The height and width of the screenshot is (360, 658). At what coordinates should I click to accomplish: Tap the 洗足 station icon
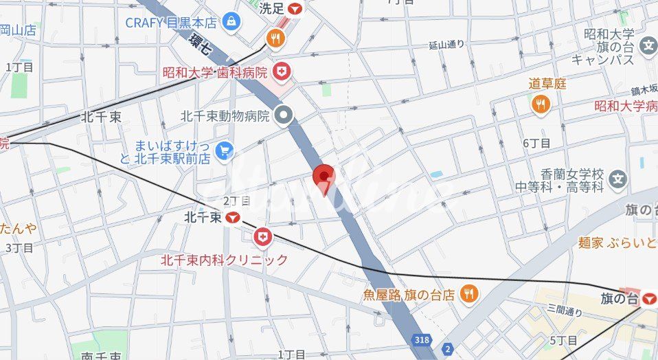(295, 9)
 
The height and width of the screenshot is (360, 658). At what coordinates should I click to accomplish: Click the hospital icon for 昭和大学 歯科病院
(282, 70)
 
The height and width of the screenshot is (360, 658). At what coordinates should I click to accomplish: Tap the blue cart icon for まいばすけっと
(224, 150)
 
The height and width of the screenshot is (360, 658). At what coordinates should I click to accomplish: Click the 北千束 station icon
(234, 218)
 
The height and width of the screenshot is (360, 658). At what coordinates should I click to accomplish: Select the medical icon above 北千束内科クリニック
(262, 238)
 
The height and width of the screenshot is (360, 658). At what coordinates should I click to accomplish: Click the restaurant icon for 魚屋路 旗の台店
(468, 294)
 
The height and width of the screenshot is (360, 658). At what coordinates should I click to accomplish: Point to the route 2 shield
(448, 349)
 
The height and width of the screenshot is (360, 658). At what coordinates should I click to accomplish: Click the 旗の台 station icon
(648, 298)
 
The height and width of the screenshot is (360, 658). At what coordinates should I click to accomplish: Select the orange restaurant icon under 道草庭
(541, 104)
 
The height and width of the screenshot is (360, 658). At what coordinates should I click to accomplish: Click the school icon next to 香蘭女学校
(618, 180)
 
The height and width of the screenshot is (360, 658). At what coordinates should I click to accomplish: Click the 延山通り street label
(446, 45)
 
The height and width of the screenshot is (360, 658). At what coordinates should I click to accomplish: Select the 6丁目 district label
(536, 143)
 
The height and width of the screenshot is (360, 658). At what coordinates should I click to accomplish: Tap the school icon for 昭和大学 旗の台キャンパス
(648, 47)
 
